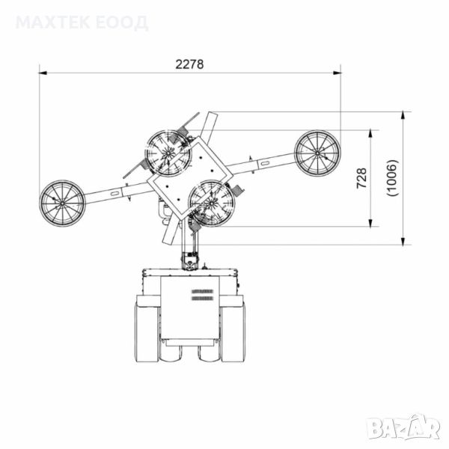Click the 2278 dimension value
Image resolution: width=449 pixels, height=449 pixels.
pyautogui.click(x=189, y=64)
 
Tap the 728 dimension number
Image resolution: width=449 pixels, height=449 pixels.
pyautogui.click(x=361, y=178)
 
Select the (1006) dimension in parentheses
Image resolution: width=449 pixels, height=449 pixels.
pyautogui.click(x=392, y=178)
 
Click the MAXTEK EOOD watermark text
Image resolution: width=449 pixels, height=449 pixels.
pyautogui.click(x=82, y=22)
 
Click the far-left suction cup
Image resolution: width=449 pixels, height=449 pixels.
pyautogui.click(x=62, y=203)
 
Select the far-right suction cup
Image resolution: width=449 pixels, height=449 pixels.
pyautogui.click(x=317, y=153)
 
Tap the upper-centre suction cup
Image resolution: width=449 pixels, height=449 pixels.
pyautogui.click(x=168, y=153)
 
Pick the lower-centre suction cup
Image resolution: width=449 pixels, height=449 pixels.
pyautogui.click(x=212, y=203)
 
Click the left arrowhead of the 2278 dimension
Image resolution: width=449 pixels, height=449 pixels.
pyautogui.click(x=43, y=73)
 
